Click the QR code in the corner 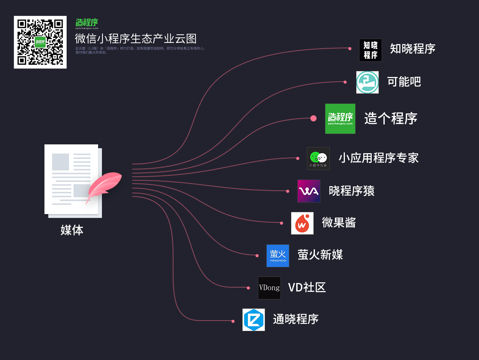tap(40, 42)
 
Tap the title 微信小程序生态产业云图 tap(136, 39)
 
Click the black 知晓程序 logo tap(370, 50)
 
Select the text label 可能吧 tap(404, 82)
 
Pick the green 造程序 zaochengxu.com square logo tap(340, 119)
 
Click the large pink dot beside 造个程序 tap(313, 118)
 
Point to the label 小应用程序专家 tap(378, 158)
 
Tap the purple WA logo tap(308, 191)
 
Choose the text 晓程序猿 tap(351, 191)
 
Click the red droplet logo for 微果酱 tap(302, 223)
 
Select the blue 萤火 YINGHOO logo tap(277, 256)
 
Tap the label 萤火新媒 tap(320, 255)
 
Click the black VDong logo tap(269, 288)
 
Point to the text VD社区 tap(307, 287)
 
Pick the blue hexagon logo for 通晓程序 tap(253, 320)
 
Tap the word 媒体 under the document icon tap(72, 230)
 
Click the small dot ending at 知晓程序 tap(350, 49)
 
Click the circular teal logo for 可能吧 tap(367, 82)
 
